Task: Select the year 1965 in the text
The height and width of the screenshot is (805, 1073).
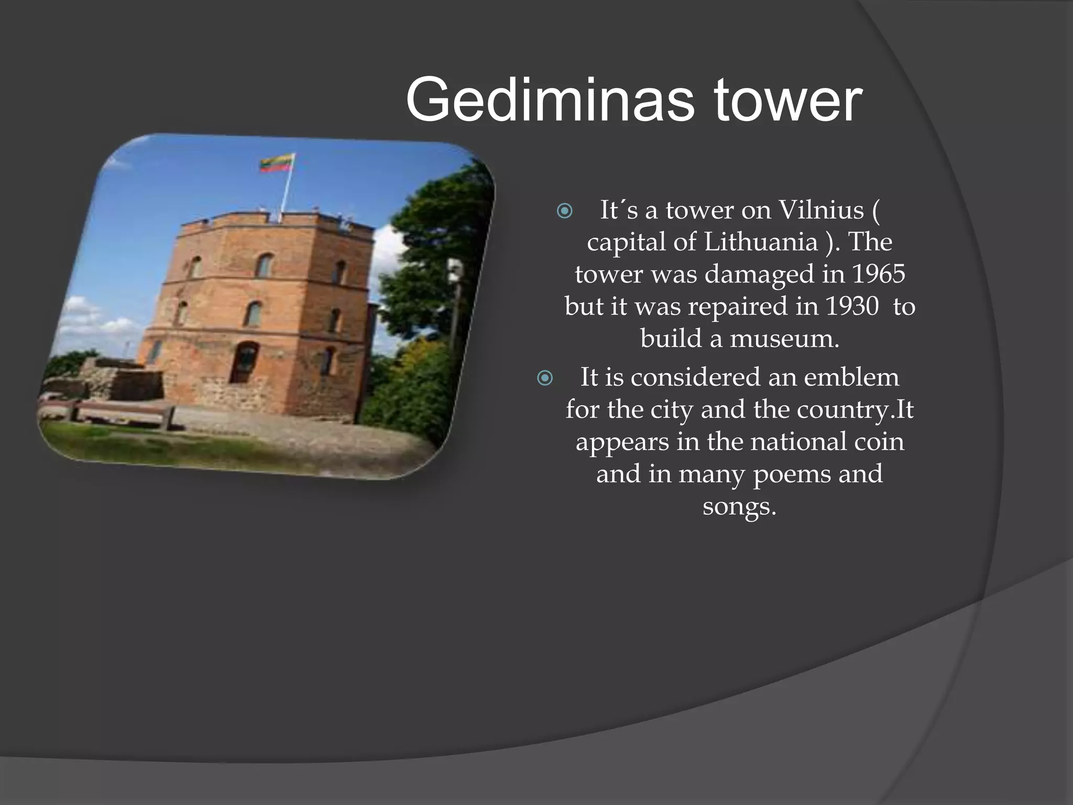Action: (x=878, y=274)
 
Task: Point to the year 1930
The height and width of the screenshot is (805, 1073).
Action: (x=852, y=306)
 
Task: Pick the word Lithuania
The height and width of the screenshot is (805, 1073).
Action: (x=761, y=242)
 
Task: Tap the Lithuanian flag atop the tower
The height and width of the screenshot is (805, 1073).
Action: (x=277, y=162)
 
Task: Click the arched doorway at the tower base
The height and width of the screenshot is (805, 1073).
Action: (x=244, y=362)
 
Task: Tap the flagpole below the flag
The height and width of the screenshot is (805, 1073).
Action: (x=286, y=194)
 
